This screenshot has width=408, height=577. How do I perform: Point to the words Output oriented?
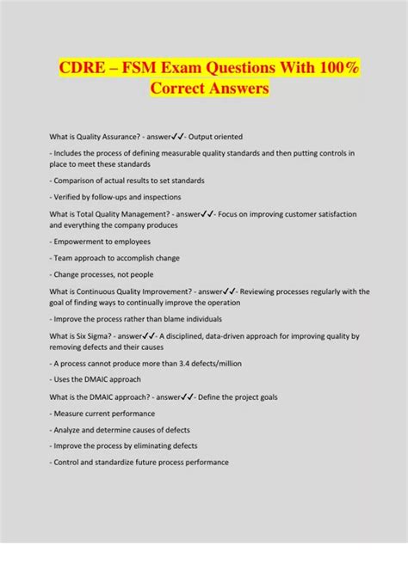pyautogui.click(x=218, y=136)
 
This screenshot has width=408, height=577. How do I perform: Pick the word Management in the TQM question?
pyautogui.click(x=145, y=213)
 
